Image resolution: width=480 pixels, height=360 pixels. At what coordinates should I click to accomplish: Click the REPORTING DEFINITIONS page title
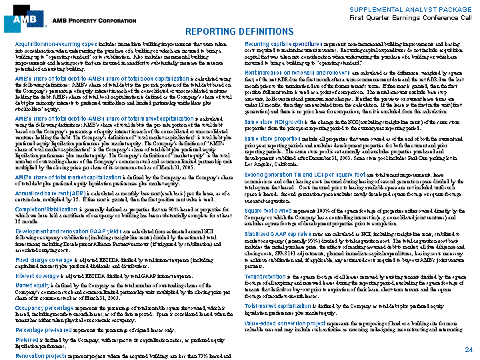pyautogui.click(x=239, y=31)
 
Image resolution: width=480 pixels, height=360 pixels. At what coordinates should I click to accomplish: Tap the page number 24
pyautogui.click(x=469, y=350)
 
